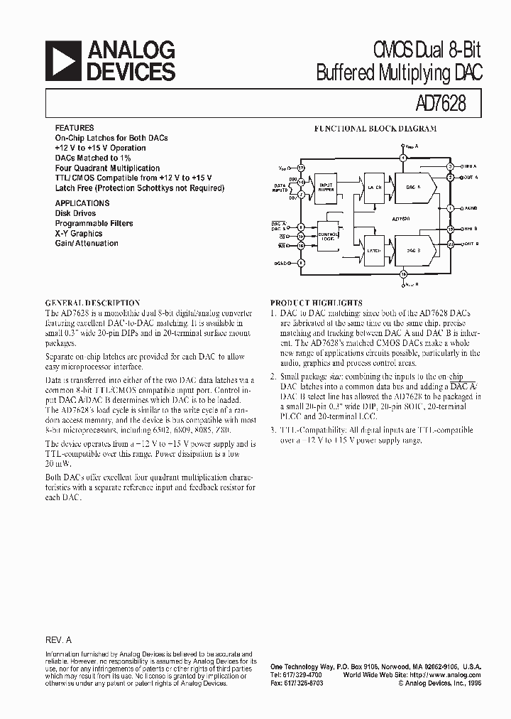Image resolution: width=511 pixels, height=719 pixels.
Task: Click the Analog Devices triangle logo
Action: [63, 60]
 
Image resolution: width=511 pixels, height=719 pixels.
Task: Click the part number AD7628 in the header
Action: [439, 104]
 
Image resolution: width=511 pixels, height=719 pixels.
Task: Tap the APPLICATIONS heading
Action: [82, 202]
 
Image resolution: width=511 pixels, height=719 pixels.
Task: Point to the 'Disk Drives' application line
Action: [75, 212]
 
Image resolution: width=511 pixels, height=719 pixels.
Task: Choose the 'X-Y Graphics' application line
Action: [79, 233]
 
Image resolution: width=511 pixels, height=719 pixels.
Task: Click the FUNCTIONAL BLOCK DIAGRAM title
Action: [375, 129]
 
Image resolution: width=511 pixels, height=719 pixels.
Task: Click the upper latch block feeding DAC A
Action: [374, 186]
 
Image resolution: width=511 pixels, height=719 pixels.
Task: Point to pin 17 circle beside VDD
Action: [301, 168]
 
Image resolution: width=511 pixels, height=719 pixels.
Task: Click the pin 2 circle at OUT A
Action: [450, 176]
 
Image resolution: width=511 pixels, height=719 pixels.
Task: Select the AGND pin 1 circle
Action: [450, 208]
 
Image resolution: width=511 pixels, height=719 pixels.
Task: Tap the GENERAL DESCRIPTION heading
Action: [93, 303]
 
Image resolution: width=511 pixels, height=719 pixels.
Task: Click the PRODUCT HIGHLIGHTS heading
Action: [317, 303]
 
